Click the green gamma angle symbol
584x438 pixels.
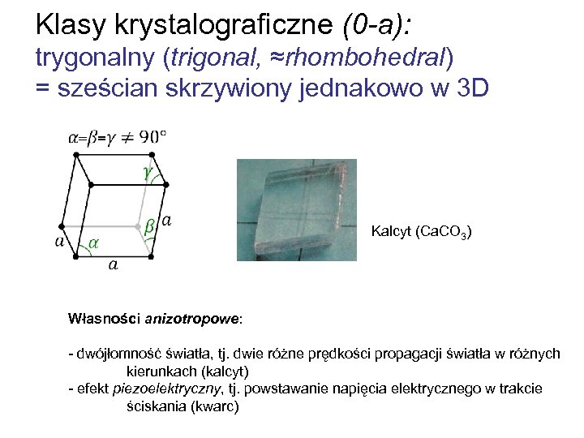[x=147, y=174]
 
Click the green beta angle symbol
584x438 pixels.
[x=148, y=227]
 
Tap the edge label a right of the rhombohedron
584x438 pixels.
[x=166, y=220]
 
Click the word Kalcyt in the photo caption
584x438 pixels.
[x=391, y=233]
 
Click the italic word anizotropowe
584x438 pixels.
[x=192, y=319]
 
